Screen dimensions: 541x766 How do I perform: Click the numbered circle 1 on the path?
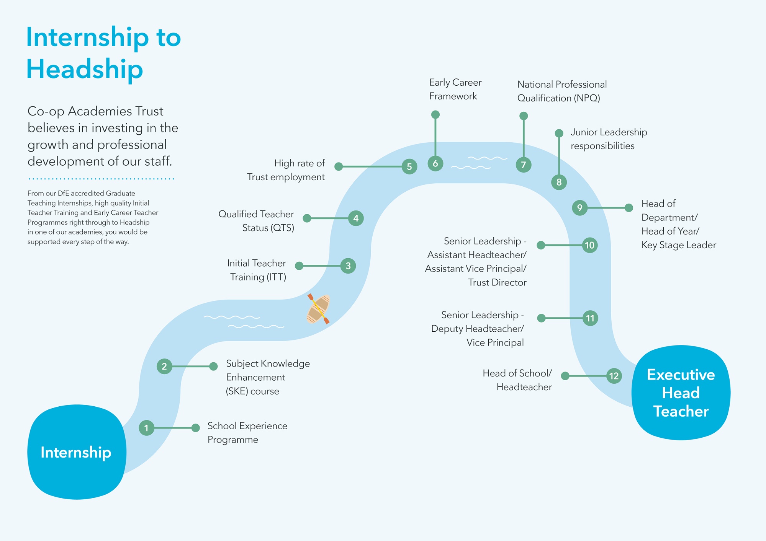(146, 428)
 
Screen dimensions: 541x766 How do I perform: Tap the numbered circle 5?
(409, 166)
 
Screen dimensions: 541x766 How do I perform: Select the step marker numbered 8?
(559, 182)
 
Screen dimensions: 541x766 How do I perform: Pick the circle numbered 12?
(614, 376)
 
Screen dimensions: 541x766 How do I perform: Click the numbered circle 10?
(589, 245)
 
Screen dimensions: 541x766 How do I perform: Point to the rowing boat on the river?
(318, 309)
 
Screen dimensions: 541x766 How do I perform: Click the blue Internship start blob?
(77, 452)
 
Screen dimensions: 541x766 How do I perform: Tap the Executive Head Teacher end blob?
(681, 393)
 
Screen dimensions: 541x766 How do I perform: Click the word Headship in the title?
(85, 69)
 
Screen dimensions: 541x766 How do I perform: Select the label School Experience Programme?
(247, 433)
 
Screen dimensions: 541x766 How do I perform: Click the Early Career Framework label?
(455, 89)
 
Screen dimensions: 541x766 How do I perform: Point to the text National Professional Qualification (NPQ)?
(561, 91)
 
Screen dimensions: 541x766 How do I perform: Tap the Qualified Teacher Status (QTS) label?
(256, 221)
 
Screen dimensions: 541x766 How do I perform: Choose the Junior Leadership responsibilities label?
(609, 139)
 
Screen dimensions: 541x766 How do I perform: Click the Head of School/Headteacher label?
(517, 380)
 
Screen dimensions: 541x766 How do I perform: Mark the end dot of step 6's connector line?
(435, 114)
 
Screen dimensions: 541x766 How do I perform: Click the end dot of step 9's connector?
(629, 208)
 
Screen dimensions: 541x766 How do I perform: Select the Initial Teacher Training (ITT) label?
(257, 270)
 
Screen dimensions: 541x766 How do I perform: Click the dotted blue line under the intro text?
(101, 179)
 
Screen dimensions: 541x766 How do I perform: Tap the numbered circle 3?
(348, 266)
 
